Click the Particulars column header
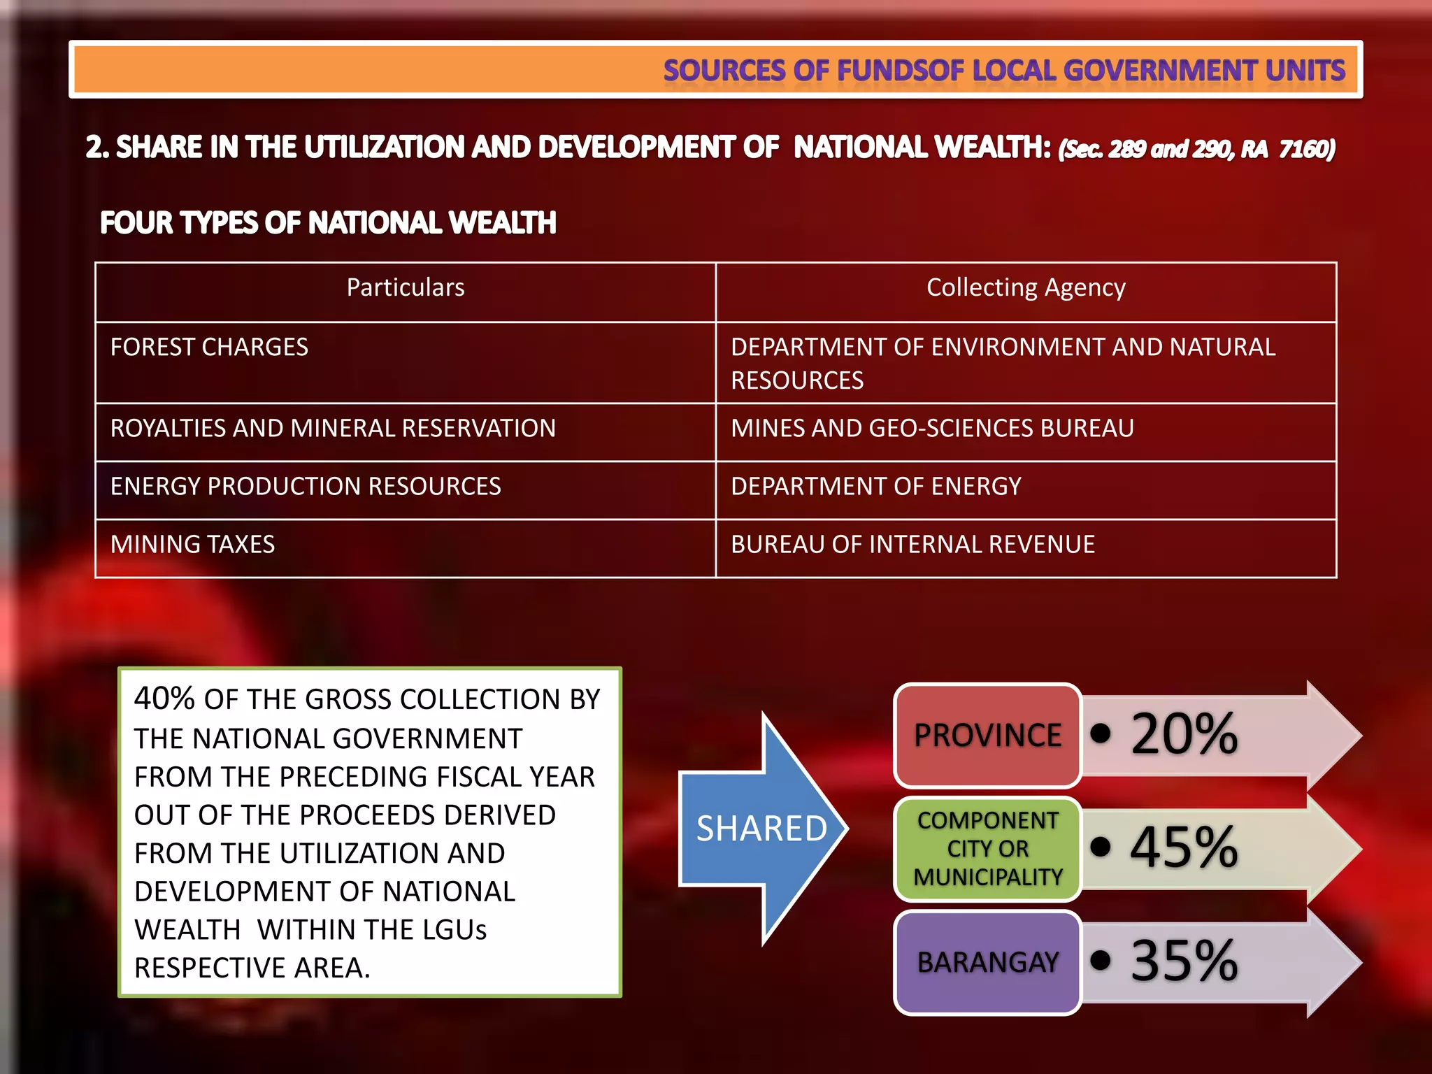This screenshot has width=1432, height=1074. pos(406,288)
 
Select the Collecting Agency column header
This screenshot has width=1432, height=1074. pos(1026,288)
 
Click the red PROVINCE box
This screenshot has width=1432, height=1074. pos(987,736)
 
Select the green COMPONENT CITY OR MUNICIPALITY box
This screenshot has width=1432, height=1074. pos(987,849)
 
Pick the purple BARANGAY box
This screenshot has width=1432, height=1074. pos(987,963)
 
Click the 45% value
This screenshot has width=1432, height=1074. pos(1184,847)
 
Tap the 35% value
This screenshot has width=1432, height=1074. pos(1184,961)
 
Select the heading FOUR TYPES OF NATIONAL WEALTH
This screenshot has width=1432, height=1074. pos(328,223)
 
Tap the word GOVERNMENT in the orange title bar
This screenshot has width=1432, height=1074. pos(1159,71)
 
